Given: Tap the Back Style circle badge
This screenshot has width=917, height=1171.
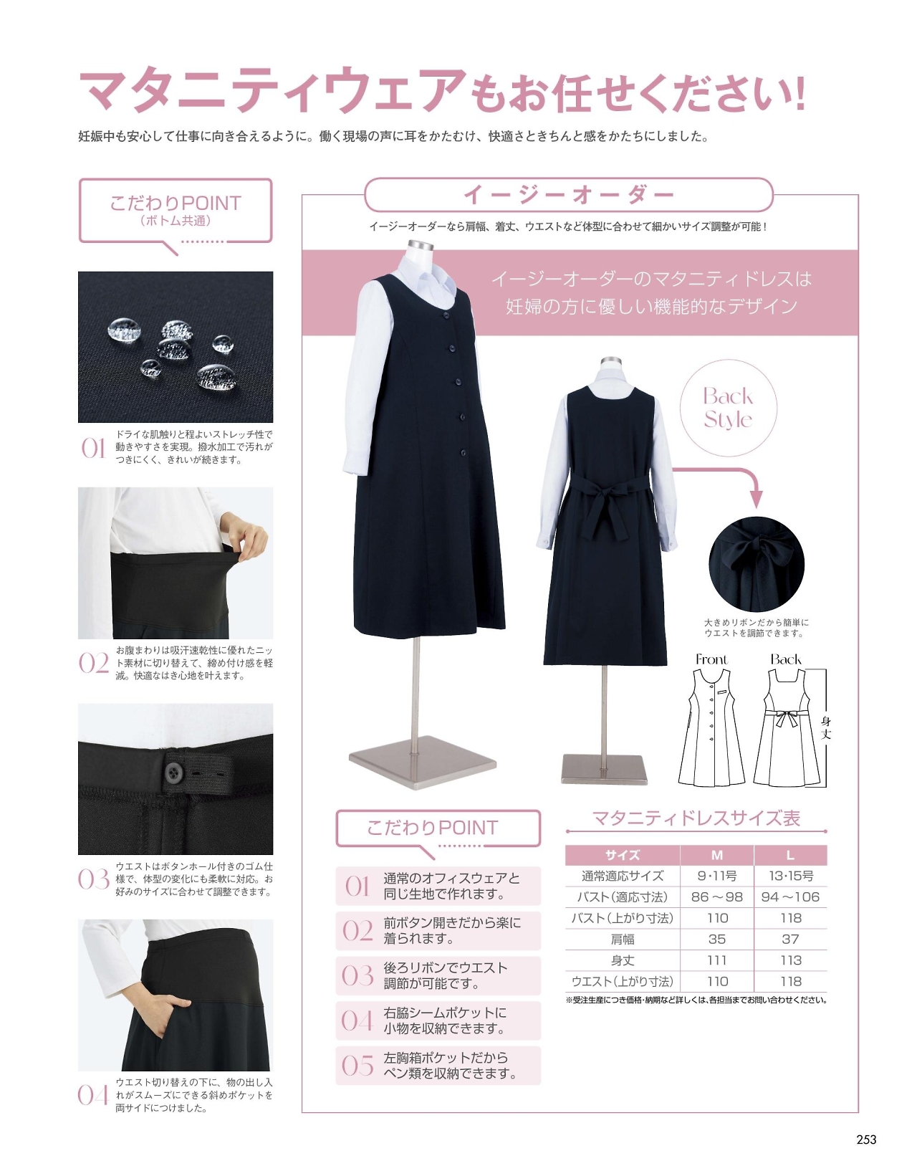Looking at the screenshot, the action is (x=728, y=408).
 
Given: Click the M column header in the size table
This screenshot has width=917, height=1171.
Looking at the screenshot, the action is (x=716, y=855).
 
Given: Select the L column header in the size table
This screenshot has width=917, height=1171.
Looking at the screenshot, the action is (x=790, y=855).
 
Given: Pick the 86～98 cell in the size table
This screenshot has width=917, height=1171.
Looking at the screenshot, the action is (x=716, y=897).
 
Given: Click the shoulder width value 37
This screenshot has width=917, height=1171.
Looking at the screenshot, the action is (x=790, y=940).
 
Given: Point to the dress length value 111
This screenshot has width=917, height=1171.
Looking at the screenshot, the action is (x=716, y=960).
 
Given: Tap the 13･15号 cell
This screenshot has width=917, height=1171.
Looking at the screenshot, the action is (x=790, y=876).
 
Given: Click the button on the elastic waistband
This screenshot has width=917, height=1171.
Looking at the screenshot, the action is (x=173, y=771).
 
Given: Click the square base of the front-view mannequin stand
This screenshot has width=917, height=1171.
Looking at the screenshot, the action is (x=423, y=762).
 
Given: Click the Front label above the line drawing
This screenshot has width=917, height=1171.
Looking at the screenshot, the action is (x=711, y=659).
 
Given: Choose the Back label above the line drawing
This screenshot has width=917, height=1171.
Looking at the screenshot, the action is (x=786, y=659).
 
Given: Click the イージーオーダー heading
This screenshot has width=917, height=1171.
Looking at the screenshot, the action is (x=569, y=194).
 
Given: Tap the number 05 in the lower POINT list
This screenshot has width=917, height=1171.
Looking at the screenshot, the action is (x=357, y=1066).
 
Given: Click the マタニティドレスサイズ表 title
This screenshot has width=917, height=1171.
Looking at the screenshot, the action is (x=696, y=818).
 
